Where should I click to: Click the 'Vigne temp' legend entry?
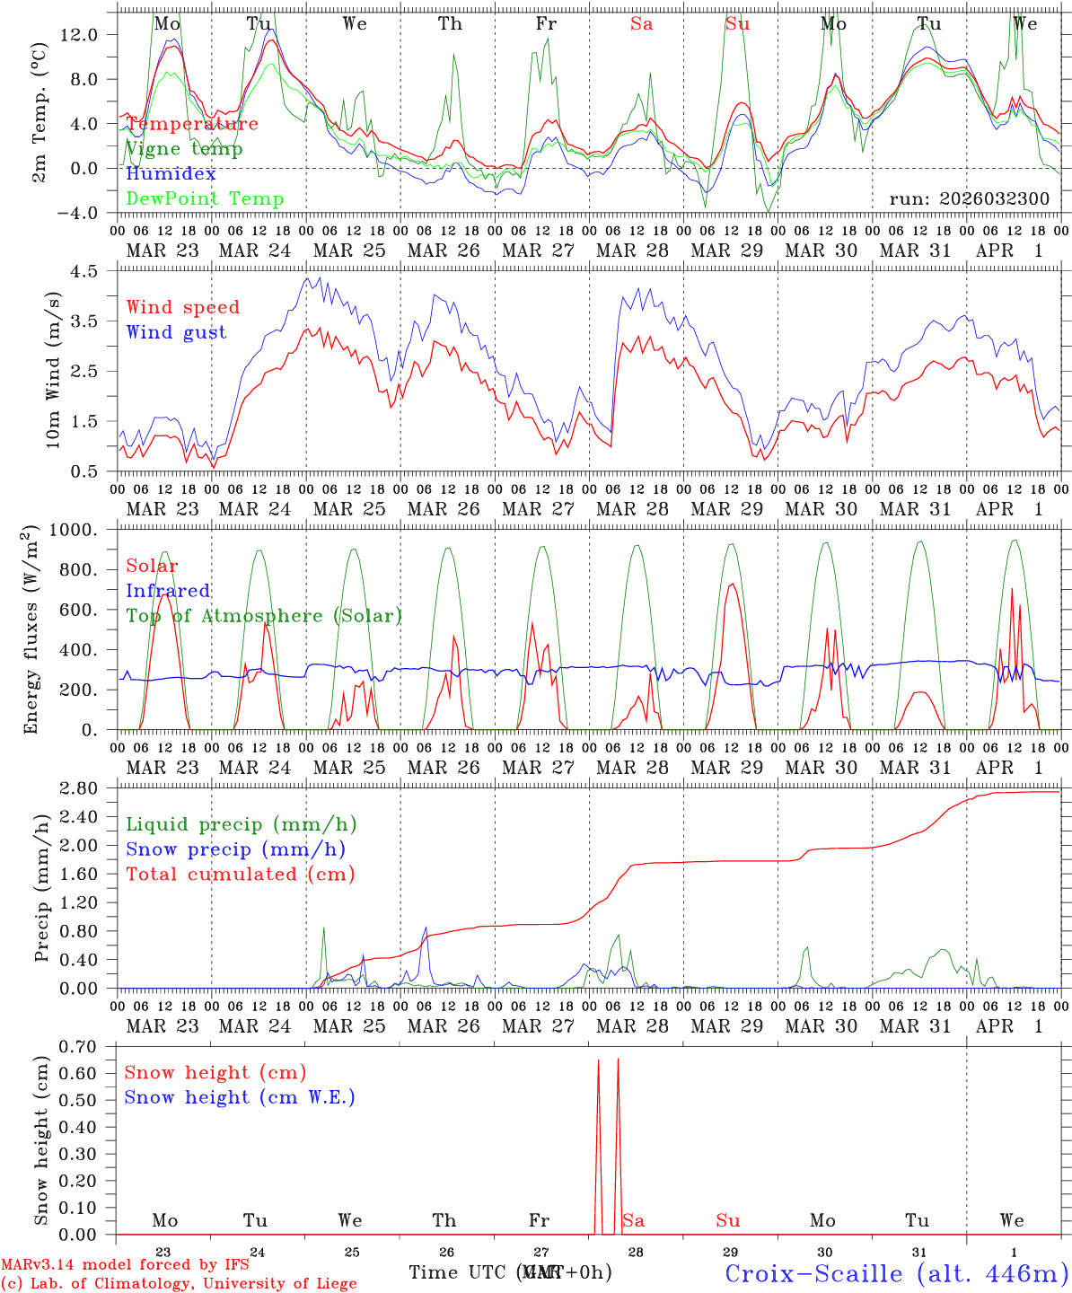click(x=184, y=149)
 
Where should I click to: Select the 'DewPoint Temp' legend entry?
click(x=205, y=199)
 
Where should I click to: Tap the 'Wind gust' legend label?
click(x=176, y=332)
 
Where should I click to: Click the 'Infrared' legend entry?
click(x=168, y=591)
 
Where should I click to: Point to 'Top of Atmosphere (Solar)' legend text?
click(x=264, y=616)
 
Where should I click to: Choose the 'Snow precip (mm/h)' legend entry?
click(x=235, y=849)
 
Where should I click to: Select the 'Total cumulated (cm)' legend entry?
click(x=240, y=875)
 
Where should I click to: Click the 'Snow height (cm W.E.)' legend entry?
click(x=240, y=1097)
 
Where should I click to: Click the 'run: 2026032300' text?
click(x=969, y=199)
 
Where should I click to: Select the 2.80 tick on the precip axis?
click(x=88, y=788)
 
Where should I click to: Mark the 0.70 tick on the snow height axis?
click(x=88, y=1046)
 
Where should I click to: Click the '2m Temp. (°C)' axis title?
click(x=40, y=124)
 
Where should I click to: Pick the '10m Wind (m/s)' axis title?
click(x=53, y=370)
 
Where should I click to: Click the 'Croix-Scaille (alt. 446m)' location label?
click(x=896, y=1273)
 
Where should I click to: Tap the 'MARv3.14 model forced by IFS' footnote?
click(x=125, y=1265)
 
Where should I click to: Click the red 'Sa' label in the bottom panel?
click(x=633, y=1220)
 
